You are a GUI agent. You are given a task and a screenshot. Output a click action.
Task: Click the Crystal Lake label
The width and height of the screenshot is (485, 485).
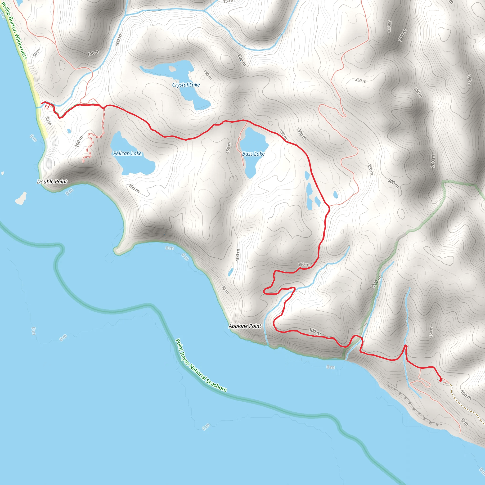point(186,85)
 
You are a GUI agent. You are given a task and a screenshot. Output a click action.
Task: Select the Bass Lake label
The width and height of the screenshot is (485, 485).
point(253,154)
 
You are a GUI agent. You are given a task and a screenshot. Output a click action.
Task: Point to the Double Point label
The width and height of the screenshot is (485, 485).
point(52,181)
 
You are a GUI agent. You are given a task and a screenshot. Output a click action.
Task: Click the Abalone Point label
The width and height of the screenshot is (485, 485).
point(245,326)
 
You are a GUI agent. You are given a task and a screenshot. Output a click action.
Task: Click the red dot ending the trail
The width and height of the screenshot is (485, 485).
point(440,380)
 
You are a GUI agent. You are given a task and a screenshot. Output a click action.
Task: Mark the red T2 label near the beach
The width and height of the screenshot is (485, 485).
point(46,108)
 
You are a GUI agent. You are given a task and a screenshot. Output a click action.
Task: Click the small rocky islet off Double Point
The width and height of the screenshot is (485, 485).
point(21,198)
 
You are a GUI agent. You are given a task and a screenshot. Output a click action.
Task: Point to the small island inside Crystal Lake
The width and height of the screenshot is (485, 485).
point(172,68)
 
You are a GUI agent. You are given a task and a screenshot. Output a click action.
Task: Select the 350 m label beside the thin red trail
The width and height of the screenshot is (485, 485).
point(360,80)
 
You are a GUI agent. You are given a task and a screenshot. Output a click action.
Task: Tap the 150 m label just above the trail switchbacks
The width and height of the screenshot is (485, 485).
point(304,265)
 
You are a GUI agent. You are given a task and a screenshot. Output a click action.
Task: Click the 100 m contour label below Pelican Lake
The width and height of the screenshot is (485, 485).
point(134,188)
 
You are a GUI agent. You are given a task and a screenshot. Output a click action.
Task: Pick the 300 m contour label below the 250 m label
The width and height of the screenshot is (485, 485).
point(393,183)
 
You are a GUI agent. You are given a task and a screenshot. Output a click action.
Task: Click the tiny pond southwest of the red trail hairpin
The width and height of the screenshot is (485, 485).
point(230,272)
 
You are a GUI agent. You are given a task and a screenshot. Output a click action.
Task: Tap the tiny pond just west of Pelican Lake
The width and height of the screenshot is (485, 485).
point(69,131)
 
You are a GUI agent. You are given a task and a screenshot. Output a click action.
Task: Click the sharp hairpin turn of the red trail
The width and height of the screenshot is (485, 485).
point(264,292)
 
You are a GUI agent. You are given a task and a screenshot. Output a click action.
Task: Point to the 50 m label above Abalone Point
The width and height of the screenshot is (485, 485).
point(225,289)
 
